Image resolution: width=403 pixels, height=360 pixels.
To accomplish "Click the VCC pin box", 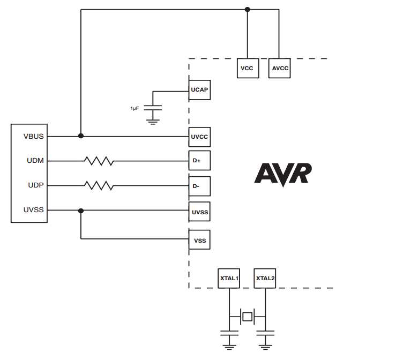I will coord(247,69).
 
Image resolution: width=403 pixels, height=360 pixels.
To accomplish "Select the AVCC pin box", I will coord(279,69).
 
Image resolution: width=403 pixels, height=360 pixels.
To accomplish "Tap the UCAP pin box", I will coord(199,89).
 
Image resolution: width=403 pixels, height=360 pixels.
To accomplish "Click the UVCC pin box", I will coord(199,137).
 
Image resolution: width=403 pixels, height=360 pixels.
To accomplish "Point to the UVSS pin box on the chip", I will coord(199,213).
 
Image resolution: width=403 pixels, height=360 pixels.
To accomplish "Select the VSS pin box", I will coord(199,241).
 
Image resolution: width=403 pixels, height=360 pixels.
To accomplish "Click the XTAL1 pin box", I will coord(229,278).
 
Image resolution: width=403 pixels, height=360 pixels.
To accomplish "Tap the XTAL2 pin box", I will coord(265,278).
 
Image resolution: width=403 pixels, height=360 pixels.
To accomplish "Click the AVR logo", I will coord(282,174).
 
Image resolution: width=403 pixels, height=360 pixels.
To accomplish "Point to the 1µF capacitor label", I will coord(135,108).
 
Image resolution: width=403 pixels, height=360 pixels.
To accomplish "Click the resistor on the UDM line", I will coord(99,160).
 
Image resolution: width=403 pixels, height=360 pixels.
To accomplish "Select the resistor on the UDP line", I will coord(99,185).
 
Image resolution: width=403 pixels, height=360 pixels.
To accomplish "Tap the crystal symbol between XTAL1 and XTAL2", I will coord(247,317).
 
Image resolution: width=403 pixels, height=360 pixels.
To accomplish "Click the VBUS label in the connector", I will coord(34,136).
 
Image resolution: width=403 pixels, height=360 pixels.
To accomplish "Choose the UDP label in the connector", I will coord(35,185).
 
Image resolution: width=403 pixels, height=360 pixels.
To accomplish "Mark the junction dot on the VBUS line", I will coord(81,136).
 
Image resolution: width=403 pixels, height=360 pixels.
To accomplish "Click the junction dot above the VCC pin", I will coord(247,9).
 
